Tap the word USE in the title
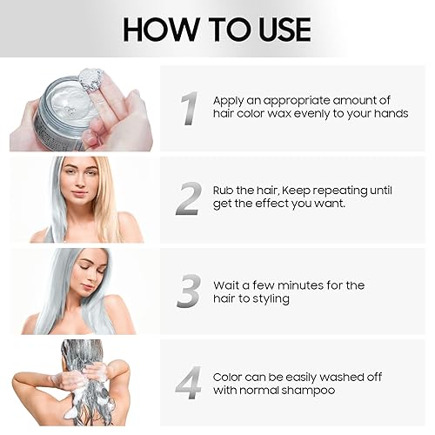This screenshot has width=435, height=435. tap(278, 29)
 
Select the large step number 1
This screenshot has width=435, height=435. tap(188, 109)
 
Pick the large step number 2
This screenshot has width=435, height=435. tap(188, 198)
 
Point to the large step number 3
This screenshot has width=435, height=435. tap(188, 291)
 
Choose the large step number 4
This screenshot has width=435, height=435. tap(188, 383)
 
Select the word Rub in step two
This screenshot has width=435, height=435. tap(225, 191)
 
